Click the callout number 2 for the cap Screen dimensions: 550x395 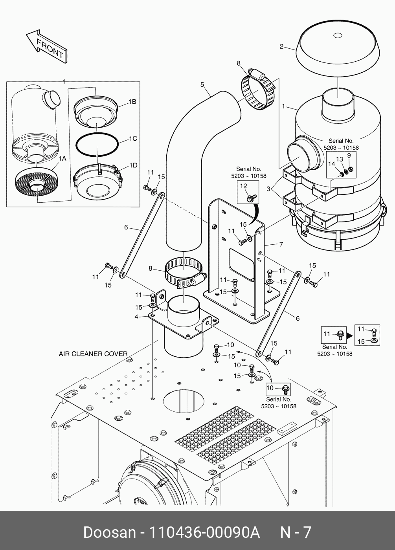click(x=281, y=47)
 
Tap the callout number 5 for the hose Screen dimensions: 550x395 click(x=202, y=84)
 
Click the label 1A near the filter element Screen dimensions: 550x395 click(x=62, y=158)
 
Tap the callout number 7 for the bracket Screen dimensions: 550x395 click(x=281, y=244)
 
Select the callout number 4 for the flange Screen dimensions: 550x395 click(x=136, y=317)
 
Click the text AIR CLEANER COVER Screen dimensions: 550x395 click(x=93, y=354)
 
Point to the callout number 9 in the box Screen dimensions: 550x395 click(x=349, y=155)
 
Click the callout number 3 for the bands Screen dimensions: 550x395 click(x=268, y=189)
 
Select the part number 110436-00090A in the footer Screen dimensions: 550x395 click(x=204, y=532)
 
